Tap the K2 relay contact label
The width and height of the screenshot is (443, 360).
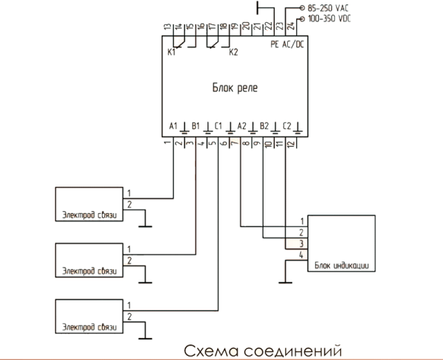(x=234, y=53)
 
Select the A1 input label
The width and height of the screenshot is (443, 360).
(x=173, y=126)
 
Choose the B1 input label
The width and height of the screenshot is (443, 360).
(x=195, y=126)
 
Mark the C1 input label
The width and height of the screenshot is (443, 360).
(x=218, y=126)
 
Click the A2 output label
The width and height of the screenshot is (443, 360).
(x=241, y=126)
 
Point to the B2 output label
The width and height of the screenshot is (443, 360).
(x=264, y=126)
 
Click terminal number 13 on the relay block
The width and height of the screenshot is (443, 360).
(x=168, y=28)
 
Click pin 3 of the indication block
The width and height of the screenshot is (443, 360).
(x=301, y=243)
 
